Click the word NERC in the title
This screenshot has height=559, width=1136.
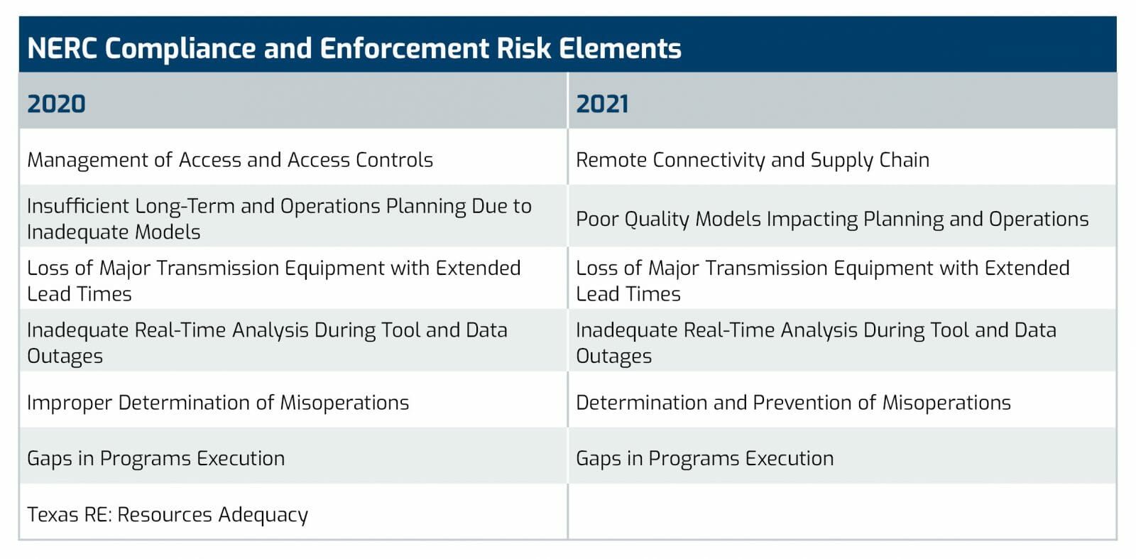click(x=62, y=49)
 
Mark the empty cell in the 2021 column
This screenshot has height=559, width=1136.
click(x=842, y=511)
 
